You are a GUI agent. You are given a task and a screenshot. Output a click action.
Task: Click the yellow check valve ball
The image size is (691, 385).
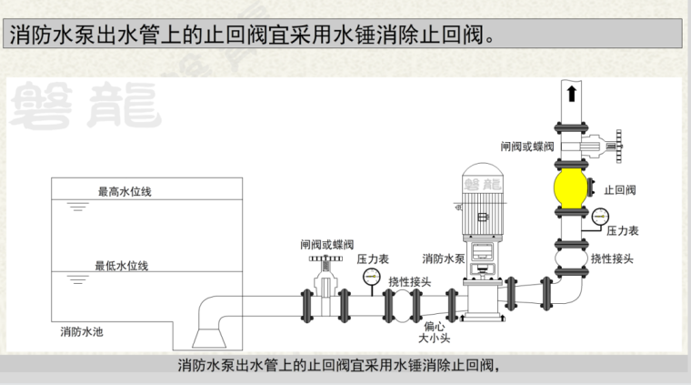pos(572,189)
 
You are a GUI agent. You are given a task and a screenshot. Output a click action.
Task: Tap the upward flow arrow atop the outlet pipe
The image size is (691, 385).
pos(571,93)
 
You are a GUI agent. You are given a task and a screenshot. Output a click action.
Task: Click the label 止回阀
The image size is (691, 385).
pos(620,190)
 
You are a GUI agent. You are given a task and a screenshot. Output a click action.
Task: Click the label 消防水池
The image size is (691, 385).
pos(82,331)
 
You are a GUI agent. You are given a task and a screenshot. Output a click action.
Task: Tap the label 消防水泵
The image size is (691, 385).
pos(444,258)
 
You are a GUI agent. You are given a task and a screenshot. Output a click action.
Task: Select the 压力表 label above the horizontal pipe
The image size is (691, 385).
pos(373,258)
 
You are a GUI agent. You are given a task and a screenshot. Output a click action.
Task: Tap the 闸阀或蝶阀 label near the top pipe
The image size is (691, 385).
pos(527,146)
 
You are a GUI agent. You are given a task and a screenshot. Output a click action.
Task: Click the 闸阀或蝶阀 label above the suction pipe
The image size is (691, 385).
pos(327,244)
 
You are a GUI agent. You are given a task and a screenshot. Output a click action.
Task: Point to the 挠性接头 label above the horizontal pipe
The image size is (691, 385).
pos(409,281)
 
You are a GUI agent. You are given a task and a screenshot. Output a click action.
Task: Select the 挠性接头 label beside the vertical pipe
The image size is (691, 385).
pos(612,258)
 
